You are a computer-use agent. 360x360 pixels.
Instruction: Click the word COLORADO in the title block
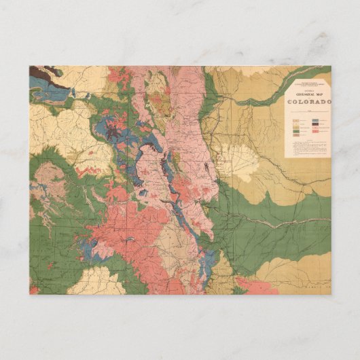pos(309,103)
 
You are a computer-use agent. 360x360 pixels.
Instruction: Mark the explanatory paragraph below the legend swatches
pos(307,148)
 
